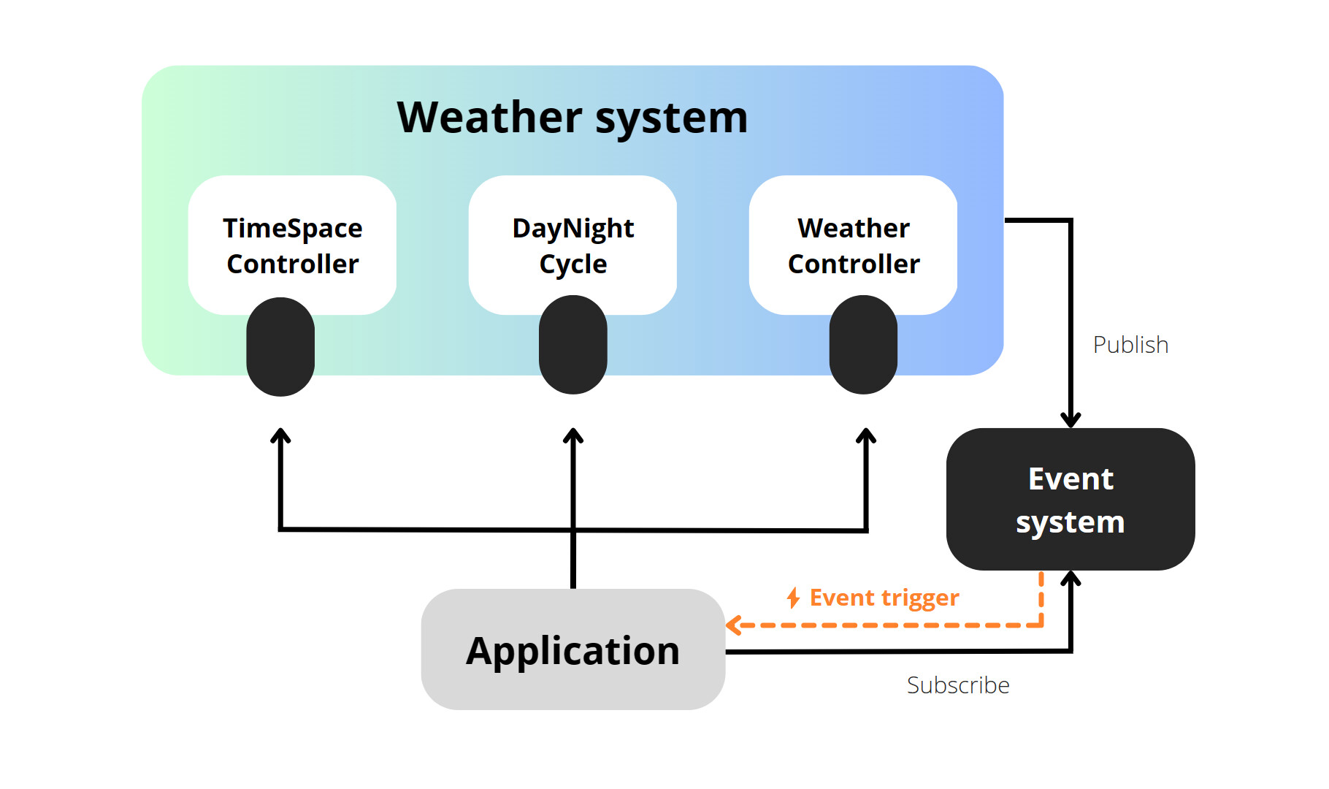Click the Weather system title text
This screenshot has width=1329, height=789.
pos(572,118)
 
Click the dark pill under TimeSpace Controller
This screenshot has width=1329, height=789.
pos(280,347)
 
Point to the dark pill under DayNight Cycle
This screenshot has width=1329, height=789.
pos(573,345)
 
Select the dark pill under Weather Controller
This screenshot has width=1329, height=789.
pos(863,345)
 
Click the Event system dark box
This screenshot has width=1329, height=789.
pos(1071,500)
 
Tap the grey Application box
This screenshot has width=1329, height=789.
pos(572,649)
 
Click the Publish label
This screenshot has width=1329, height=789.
pos(1130,345)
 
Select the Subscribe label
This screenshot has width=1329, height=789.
pos(958,685)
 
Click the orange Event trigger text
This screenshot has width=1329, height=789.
pos(884,598)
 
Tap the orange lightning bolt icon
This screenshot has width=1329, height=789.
pos(794,598)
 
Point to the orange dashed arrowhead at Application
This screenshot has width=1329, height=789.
pos(733,625)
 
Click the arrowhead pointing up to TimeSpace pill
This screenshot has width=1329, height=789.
pos(280,435)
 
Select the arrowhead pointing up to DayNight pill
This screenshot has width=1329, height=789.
pos(573,435)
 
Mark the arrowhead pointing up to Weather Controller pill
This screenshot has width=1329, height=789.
pos(866,435)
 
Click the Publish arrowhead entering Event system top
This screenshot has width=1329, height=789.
pos(1071,421)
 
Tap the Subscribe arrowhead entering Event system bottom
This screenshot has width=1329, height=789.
pos(1071,579)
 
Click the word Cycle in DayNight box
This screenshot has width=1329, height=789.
pos(573,264)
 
